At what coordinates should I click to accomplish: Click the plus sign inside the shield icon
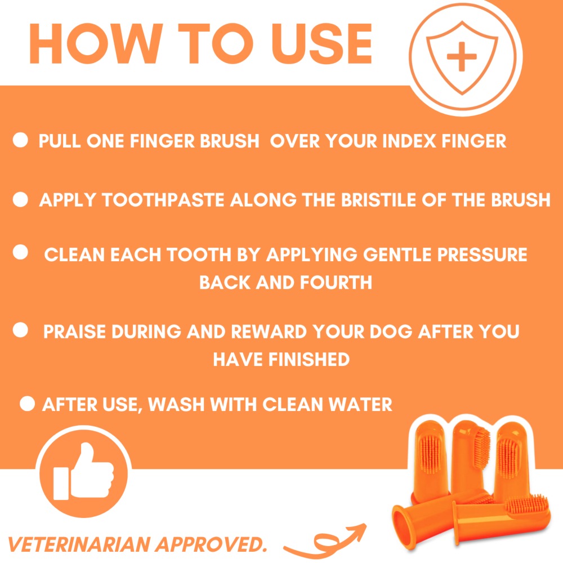[461, 57]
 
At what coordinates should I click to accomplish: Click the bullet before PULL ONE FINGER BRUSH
[20, 141]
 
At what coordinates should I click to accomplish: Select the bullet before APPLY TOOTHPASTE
[20, 199]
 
